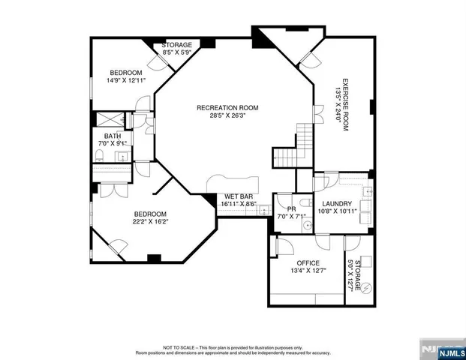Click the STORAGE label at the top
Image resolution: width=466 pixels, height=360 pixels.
tap(178, 45)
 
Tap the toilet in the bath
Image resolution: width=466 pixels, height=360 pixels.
tap(99, 156)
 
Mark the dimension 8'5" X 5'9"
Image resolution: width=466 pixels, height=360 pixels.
tap(178, 52)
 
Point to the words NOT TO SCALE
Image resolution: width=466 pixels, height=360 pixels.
tap(179, 347)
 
